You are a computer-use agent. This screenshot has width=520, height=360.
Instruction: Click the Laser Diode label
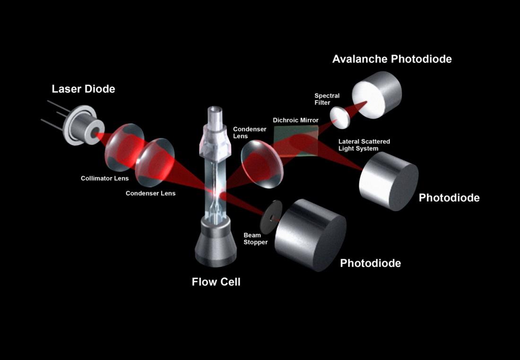83,89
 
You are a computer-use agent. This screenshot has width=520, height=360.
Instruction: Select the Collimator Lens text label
104,178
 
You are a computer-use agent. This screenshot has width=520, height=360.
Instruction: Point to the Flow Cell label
216,282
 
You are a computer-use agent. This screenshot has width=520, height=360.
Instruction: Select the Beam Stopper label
255,239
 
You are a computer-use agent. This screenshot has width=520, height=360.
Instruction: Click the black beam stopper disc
271,218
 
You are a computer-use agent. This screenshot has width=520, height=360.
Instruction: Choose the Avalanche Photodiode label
392,59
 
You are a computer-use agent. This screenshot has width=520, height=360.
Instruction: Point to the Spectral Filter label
327,99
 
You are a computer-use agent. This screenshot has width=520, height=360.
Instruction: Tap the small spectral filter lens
340,118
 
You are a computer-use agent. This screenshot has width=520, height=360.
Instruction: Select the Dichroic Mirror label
295,120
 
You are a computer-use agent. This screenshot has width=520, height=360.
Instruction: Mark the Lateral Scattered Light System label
364,145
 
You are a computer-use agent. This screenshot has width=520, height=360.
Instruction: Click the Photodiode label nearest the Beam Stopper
371,263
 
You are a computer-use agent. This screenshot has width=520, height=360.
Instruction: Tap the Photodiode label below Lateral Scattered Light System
449,198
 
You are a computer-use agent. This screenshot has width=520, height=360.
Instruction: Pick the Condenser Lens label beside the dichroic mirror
250,133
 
